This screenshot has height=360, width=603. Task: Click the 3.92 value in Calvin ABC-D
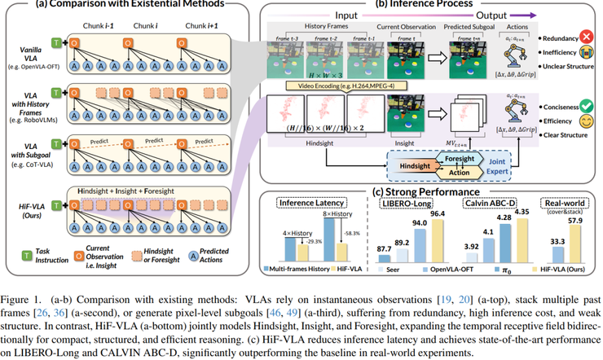[x=469, y=244]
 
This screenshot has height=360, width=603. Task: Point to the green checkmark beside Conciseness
[x=587, y=107]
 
